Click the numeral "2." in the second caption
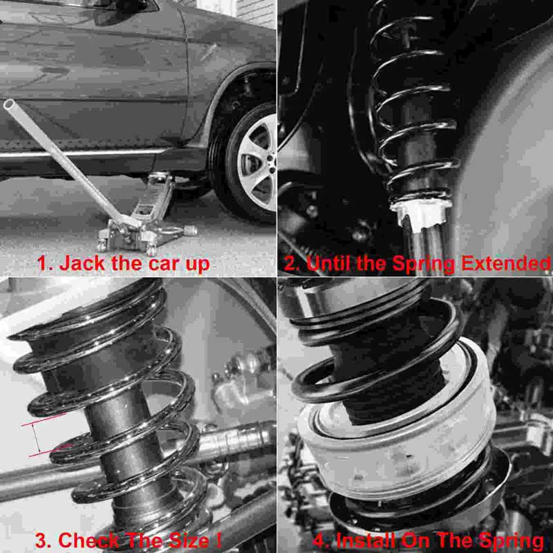[290, 263]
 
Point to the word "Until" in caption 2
[330, 263]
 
